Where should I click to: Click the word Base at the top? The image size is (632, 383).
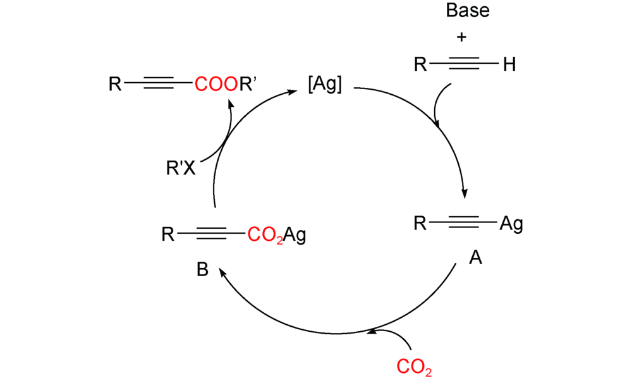[x=468, y=11]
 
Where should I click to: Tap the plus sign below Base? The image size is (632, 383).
[x=462, y=37]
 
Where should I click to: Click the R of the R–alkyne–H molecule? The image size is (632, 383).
[x=420, y=64]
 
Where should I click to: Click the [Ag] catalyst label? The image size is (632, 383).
[x=324, y=85]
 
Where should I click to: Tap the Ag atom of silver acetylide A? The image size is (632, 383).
[x=511, y=223]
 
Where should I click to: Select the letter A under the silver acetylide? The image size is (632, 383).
[x=475, y=257]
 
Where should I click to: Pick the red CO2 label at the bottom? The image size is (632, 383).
[x=415, y=367]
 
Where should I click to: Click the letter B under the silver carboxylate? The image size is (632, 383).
[x=202, y=269]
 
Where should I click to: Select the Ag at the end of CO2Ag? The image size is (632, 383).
[x=295, y=236]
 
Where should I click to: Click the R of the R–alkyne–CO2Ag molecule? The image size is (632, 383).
[x=167, y=236]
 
